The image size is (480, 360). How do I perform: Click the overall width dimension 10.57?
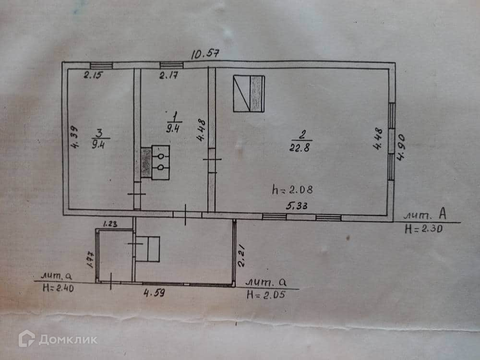pyautogui.click(x=205, y=54)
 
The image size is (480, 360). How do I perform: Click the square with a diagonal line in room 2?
pyautogui.click(x=249, y=94)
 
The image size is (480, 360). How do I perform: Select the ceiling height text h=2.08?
pyautogui.click(x=292, y=189)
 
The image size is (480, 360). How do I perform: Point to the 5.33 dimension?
pyautogui.click(x=297, y=206)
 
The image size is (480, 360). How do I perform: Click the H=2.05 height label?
pyautogui.click(x=265, y=295)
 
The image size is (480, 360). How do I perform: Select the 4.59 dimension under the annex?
pyautogui.click(x=154, y=292)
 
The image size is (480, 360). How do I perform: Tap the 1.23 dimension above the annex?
pyautogui.click(x=111, y=223)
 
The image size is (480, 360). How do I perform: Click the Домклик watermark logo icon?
pyautogui.click(x=26, y=338)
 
